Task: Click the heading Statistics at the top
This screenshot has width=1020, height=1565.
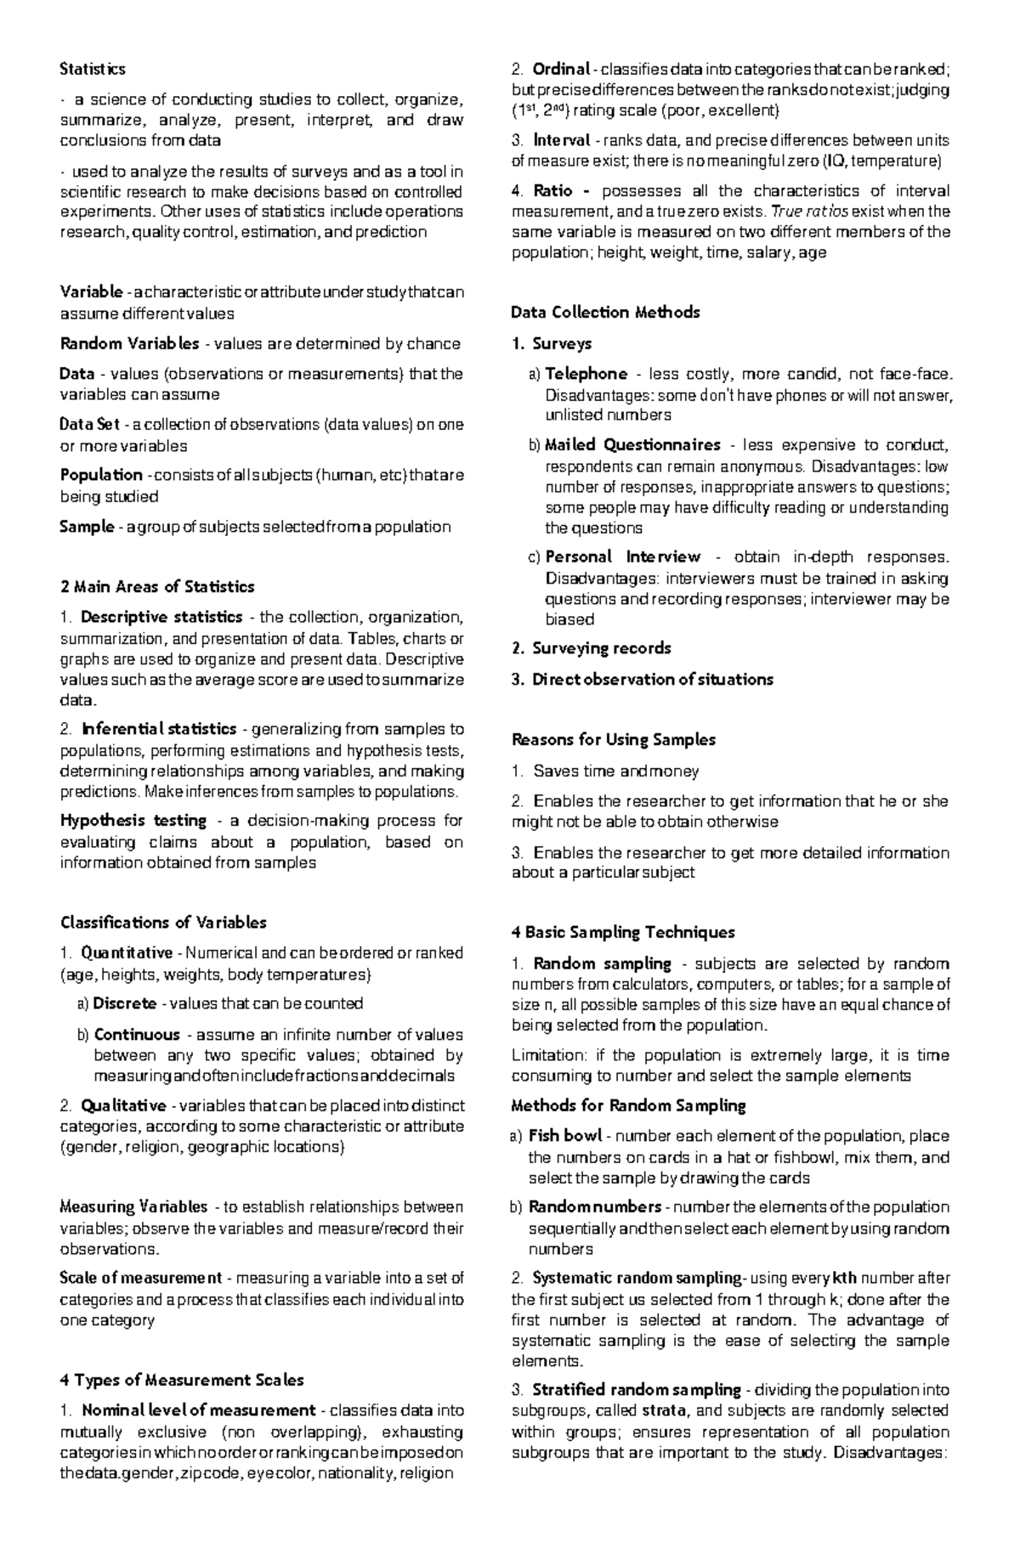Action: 93,69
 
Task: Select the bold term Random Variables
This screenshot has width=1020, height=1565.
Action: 129,344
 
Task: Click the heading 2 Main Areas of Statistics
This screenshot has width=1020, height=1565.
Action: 157,587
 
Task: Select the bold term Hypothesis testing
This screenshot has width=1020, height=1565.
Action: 133,821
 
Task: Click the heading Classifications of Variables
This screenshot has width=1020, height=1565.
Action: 163,923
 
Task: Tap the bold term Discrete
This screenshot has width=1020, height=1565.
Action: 125,1004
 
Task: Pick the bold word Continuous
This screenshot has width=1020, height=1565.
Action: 137,1035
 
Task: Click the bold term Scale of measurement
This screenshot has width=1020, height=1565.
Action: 141,1279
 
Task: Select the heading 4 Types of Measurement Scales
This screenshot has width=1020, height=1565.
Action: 182,1380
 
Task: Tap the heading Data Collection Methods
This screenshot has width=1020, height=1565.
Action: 605,313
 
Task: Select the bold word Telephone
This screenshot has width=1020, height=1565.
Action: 586,374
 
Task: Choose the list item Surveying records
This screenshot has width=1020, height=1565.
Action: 601,648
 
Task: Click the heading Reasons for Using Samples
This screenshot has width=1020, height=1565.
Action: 613,740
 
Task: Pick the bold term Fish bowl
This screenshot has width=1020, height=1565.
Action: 565,1137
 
